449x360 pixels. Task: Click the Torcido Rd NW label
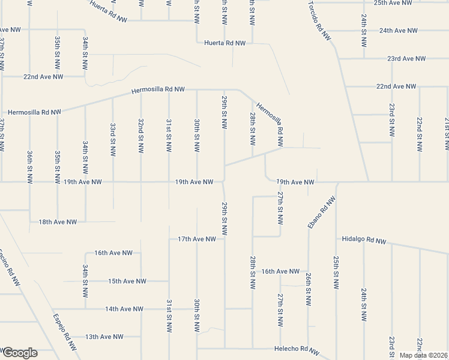[319, 20]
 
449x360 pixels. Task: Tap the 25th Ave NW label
[393, 3]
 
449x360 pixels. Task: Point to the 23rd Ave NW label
[406, 59]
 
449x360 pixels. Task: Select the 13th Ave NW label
[104, 337]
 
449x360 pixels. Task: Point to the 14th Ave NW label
[124, 309]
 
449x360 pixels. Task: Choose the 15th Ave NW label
[127, 281]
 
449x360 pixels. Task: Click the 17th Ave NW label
[196, 239]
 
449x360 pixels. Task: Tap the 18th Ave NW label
[58, 221]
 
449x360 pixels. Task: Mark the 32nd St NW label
[140, 137]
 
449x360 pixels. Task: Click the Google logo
[19, 353]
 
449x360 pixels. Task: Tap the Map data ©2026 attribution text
[423, 355]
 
